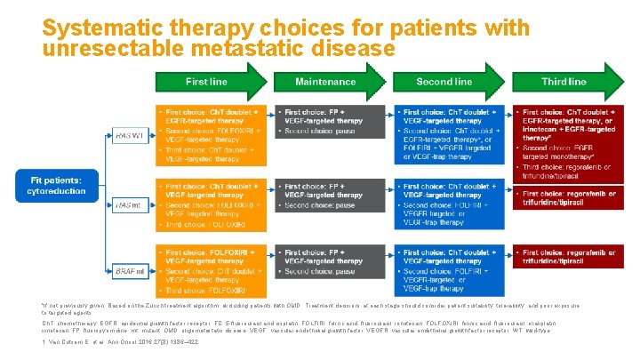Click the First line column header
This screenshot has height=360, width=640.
(x=207, y=81)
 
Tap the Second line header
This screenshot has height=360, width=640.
(x=445, y=81)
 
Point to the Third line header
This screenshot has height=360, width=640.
(x=564, y=81)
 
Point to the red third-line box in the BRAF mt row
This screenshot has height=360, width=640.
(x=565, y=257)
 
